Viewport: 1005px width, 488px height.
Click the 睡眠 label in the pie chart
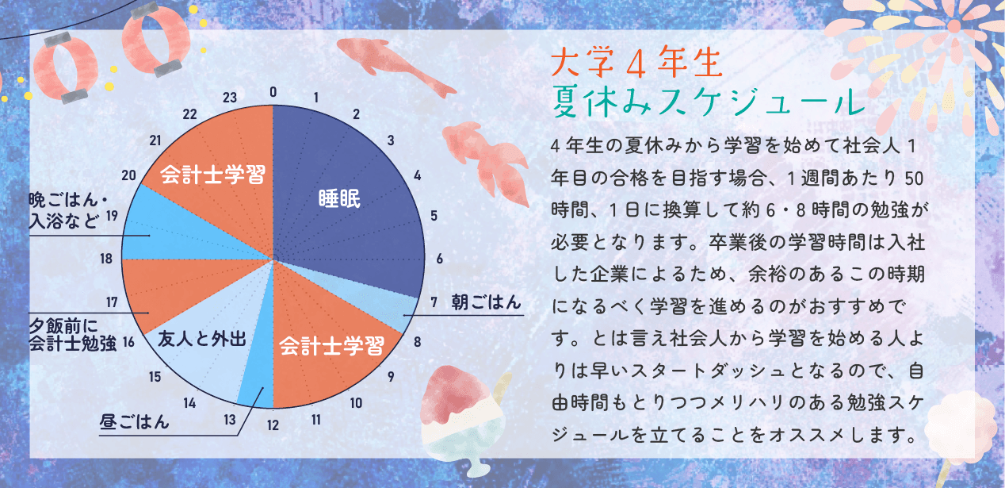click(339, 198)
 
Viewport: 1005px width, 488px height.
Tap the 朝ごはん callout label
click(486, 302)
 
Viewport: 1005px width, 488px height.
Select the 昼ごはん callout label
click(134, 421)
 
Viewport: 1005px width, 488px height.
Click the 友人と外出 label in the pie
click(202, 339)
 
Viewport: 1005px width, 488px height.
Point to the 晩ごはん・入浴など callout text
click(68, 210)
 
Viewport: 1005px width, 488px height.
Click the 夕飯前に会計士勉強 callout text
click(73, 334)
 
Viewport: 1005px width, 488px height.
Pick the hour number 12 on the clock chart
click(273, 425)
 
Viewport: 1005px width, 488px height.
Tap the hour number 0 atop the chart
click(273, 92)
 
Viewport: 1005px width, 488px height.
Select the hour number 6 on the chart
click(440, 259)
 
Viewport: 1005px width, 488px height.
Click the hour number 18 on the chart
click(106, 259)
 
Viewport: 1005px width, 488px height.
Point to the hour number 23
click(230, 98)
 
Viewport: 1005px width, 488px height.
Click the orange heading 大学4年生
click(636, 63)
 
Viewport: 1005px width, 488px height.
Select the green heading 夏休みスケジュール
click(708, 102)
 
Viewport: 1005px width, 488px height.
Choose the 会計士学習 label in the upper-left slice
click(212, 175)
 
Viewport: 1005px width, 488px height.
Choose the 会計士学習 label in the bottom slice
click(331, 345)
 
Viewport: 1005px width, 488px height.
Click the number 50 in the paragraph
click(914, 179)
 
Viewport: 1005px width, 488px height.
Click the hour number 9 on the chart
click(391, 377)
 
